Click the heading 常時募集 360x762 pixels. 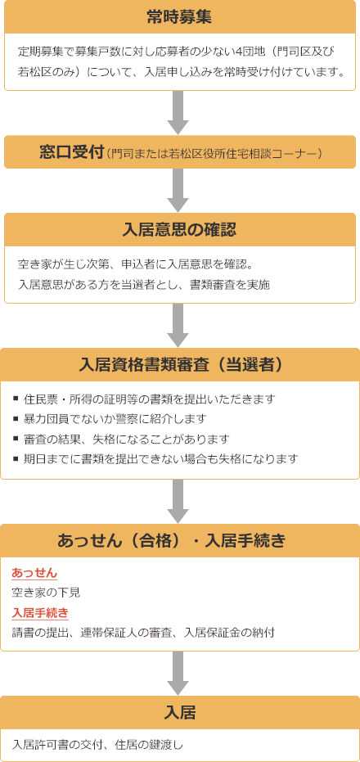point(180,17)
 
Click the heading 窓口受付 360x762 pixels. point(72,152)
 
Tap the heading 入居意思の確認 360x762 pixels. point(180,230)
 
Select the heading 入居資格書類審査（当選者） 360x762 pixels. point(180,365)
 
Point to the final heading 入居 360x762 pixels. point(180,713)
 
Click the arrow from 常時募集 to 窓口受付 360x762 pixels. point(178,113)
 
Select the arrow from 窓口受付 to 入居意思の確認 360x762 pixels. point(178,191)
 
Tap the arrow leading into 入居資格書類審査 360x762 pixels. point(178,326)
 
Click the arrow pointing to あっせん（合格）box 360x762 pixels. point(178,501)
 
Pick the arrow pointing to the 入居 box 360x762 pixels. point(178,673)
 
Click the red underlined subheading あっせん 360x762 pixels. point(34,573)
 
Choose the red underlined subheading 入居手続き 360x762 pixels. point(40,612)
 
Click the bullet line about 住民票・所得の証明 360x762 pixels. point(145,399)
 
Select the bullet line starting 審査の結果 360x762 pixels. point(121,439)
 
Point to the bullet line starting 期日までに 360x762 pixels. point(156,458)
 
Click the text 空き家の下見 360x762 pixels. point(46,593)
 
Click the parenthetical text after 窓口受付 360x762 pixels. point(214,154)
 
